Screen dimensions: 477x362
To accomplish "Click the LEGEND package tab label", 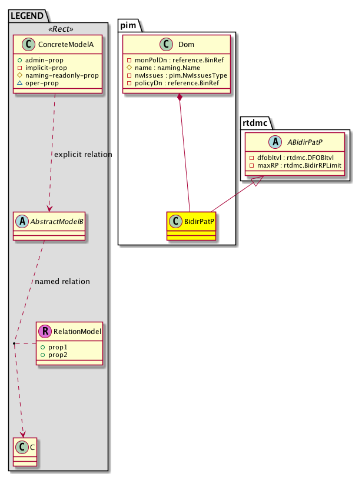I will [x=25, y=14].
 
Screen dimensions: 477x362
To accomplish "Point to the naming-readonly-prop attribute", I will [x=65, y=76].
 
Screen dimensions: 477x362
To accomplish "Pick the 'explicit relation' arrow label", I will [x=83, y=155].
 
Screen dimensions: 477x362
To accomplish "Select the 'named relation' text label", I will [x=62, y=282].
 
